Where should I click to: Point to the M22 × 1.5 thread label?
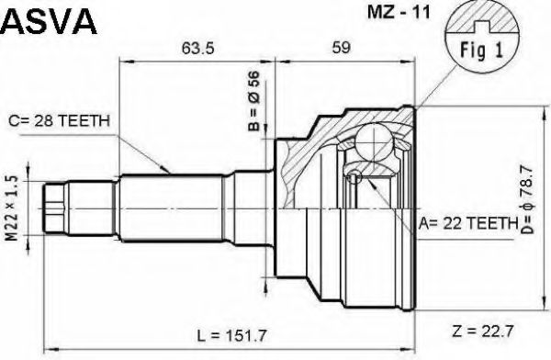click(12, 209)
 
